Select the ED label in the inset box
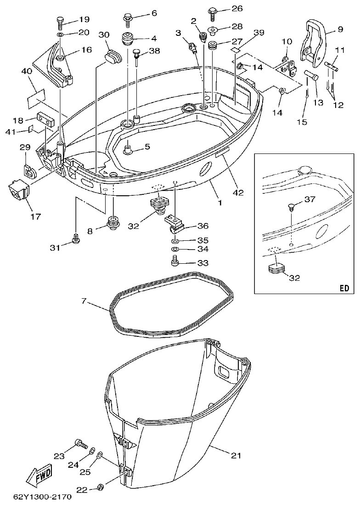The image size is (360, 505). (344, 288)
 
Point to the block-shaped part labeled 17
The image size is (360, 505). (18, 191)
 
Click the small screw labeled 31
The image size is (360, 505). (76, 238)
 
